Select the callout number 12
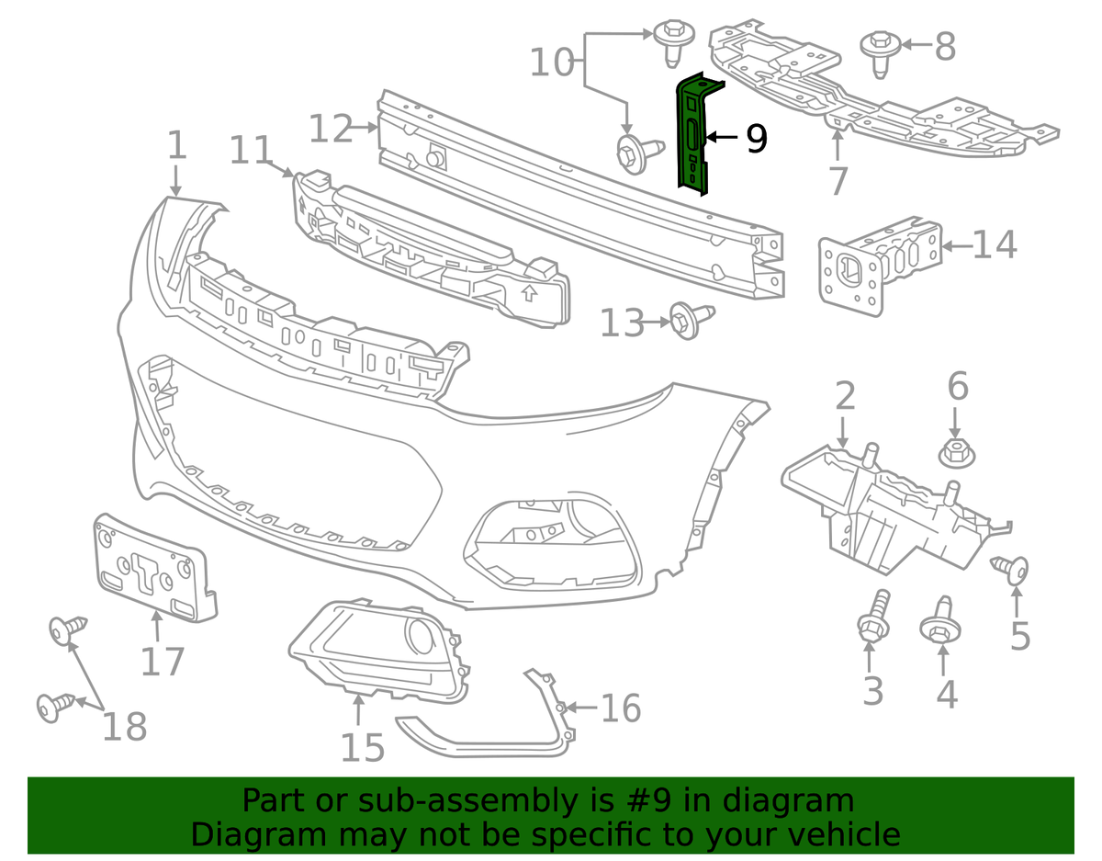[x=330, y=128]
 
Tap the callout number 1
[x=176, y=147]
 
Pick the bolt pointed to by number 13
[x=684, y=321]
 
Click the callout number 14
[x=995, y=245]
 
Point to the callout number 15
[x=362, y=747]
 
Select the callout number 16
[x=620, y=708]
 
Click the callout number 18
[x=125, y=726]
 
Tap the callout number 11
[x=251, y=150]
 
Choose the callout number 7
[x=837, y=180]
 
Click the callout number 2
[x=845, y=397]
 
